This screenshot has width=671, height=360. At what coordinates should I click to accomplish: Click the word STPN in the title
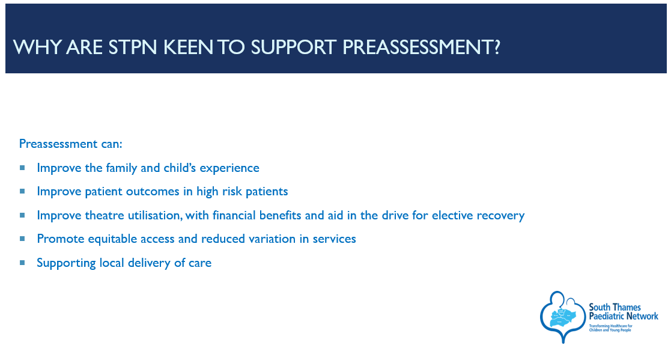133,47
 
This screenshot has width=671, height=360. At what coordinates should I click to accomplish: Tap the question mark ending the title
496,47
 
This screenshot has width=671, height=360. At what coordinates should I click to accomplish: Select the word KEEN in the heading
188,47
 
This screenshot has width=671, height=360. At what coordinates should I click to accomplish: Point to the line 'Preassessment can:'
71,144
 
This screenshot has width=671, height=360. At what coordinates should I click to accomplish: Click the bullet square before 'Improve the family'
22,168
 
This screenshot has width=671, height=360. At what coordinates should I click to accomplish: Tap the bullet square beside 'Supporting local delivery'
22,263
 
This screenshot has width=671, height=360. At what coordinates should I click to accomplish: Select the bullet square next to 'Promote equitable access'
22,239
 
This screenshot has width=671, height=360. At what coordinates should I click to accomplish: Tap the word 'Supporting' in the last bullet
66,263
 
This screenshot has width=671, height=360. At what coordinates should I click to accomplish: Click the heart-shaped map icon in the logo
562,317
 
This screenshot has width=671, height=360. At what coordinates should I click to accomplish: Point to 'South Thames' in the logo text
615,307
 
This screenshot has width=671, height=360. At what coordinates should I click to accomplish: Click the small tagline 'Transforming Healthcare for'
611,326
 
